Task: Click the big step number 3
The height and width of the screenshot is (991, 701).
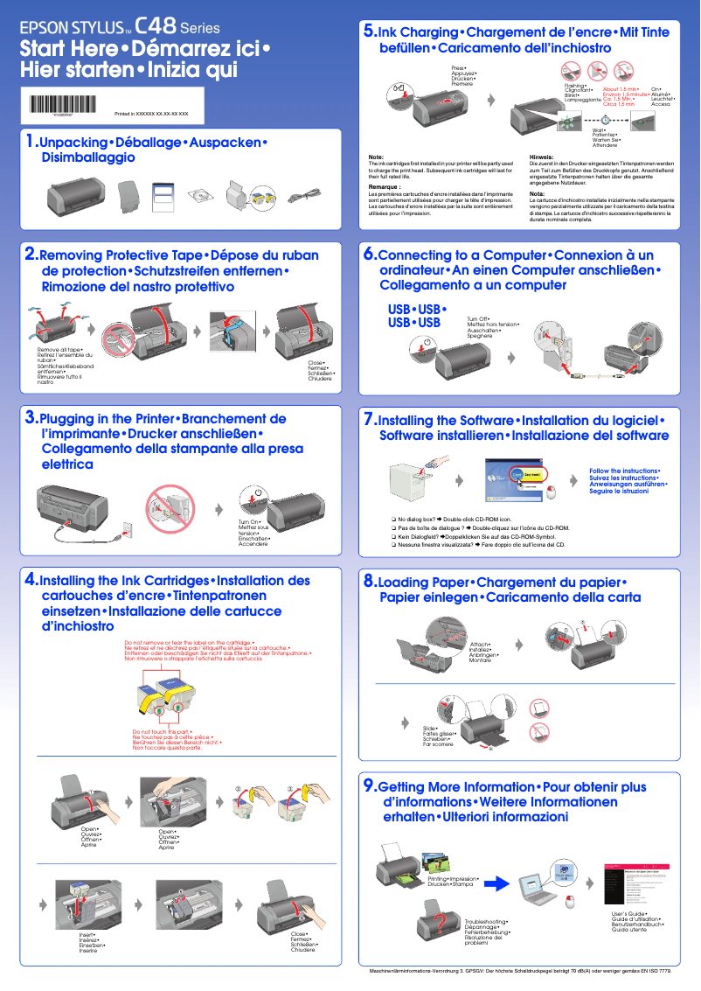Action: pyautogui.click(x=31, y=417)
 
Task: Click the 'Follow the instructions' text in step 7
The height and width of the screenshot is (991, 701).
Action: pyautogui.click(x=624, y=471)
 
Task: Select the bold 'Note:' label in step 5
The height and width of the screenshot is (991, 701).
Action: pyautogui.click(x=376, y=157)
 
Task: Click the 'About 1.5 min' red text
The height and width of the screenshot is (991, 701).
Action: pyautogui.click(x=621, y=89)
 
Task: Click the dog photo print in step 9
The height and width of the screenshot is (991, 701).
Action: pyautogui.click(x=434, y=861)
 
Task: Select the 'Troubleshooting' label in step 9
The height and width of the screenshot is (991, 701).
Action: pyautogui.click(x=486, y=922)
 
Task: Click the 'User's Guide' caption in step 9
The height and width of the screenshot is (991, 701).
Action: pyautogui.click(x=635, y=914)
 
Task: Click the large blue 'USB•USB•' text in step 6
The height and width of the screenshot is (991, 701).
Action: pyautogui.click(x=417, y=310)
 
